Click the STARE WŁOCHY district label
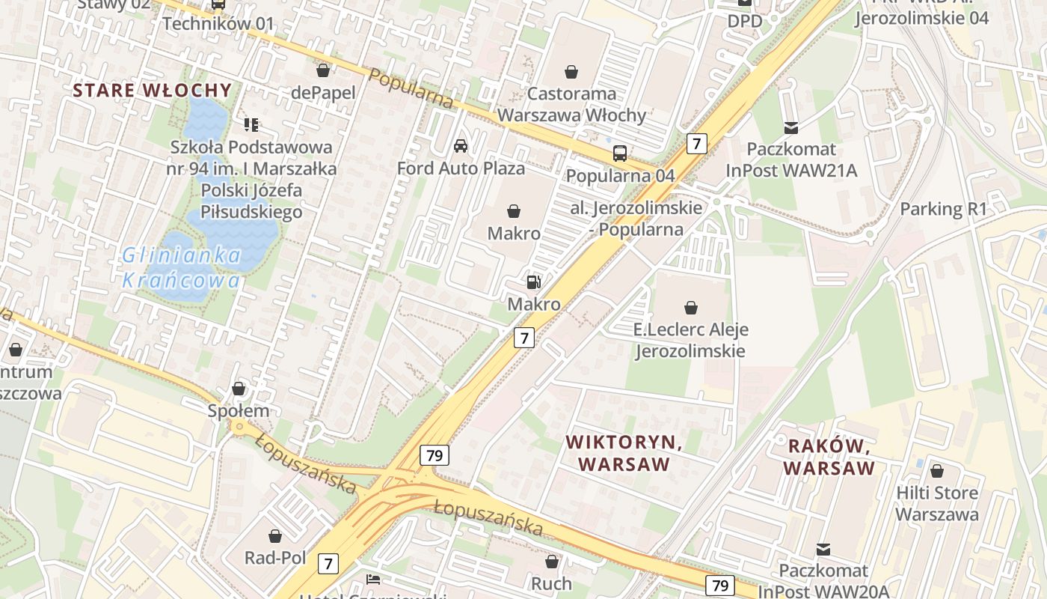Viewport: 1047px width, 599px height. coord(152,91)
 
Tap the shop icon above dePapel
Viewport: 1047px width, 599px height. coord(323,70)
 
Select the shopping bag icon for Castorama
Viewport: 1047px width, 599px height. coord(571,72)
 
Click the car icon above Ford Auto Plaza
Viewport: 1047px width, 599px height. coord(461,145)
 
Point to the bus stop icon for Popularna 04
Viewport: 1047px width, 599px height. coord(620,153)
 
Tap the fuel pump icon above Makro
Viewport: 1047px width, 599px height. coord(534,282)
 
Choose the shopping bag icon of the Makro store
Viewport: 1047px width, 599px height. coord(514,212)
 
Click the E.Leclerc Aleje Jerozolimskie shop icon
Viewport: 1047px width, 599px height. coord(691,307)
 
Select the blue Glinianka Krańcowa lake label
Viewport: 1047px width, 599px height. coord(182,268)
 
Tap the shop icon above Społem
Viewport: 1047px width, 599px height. coord(239,389)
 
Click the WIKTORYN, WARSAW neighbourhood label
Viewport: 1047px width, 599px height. coord(624,453)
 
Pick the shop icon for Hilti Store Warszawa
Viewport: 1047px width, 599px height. coord(936,471)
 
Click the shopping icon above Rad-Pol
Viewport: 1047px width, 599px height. coord(275,536)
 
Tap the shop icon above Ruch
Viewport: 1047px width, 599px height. coord(552,561)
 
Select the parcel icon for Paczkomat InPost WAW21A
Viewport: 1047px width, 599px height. coord(790,127)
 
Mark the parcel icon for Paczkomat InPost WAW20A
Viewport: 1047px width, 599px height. coord(823,550)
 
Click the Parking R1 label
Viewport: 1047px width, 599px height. coord(943,209)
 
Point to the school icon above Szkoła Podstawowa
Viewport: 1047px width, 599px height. coord(251,124)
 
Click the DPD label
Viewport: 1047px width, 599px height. coord(745,21)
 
